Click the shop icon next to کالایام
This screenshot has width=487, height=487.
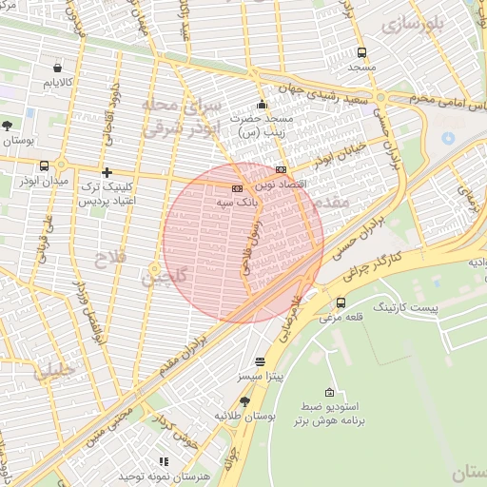pyautogui.click(x=58, y=68)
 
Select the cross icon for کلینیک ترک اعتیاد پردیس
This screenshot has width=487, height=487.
pyautogui.click(x=107, y=173)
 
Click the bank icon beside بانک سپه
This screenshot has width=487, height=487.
pyautogui.click(x=237, y=188)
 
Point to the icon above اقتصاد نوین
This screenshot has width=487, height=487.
pyautogui.click(x=280, y=168)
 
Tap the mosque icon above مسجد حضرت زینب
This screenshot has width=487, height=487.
pyautogui.click(x=263, y=104)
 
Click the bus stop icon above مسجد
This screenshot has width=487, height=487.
pyautogui.click(x=361, y=53)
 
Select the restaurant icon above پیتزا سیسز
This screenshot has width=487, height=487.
pyautogui.click(x=261, y=362)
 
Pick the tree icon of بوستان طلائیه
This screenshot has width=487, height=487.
pyautogui.click(x=245, y=401)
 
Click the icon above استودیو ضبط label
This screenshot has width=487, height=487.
pyautogui.click(x=330, y=392)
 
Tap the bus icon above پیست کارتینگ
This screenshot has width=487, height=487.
pyautogui.click(x=341, y=302)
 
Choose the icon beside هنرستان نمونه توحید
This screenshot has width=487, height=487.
pyautogui.click(x=164, y=461)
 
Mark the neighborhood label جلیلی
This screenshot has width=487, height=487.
pyautogui.click(x=53, y=371)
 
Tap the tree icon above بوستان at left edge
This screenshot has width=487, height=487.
pyautogui.click(x=8, y=126)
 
